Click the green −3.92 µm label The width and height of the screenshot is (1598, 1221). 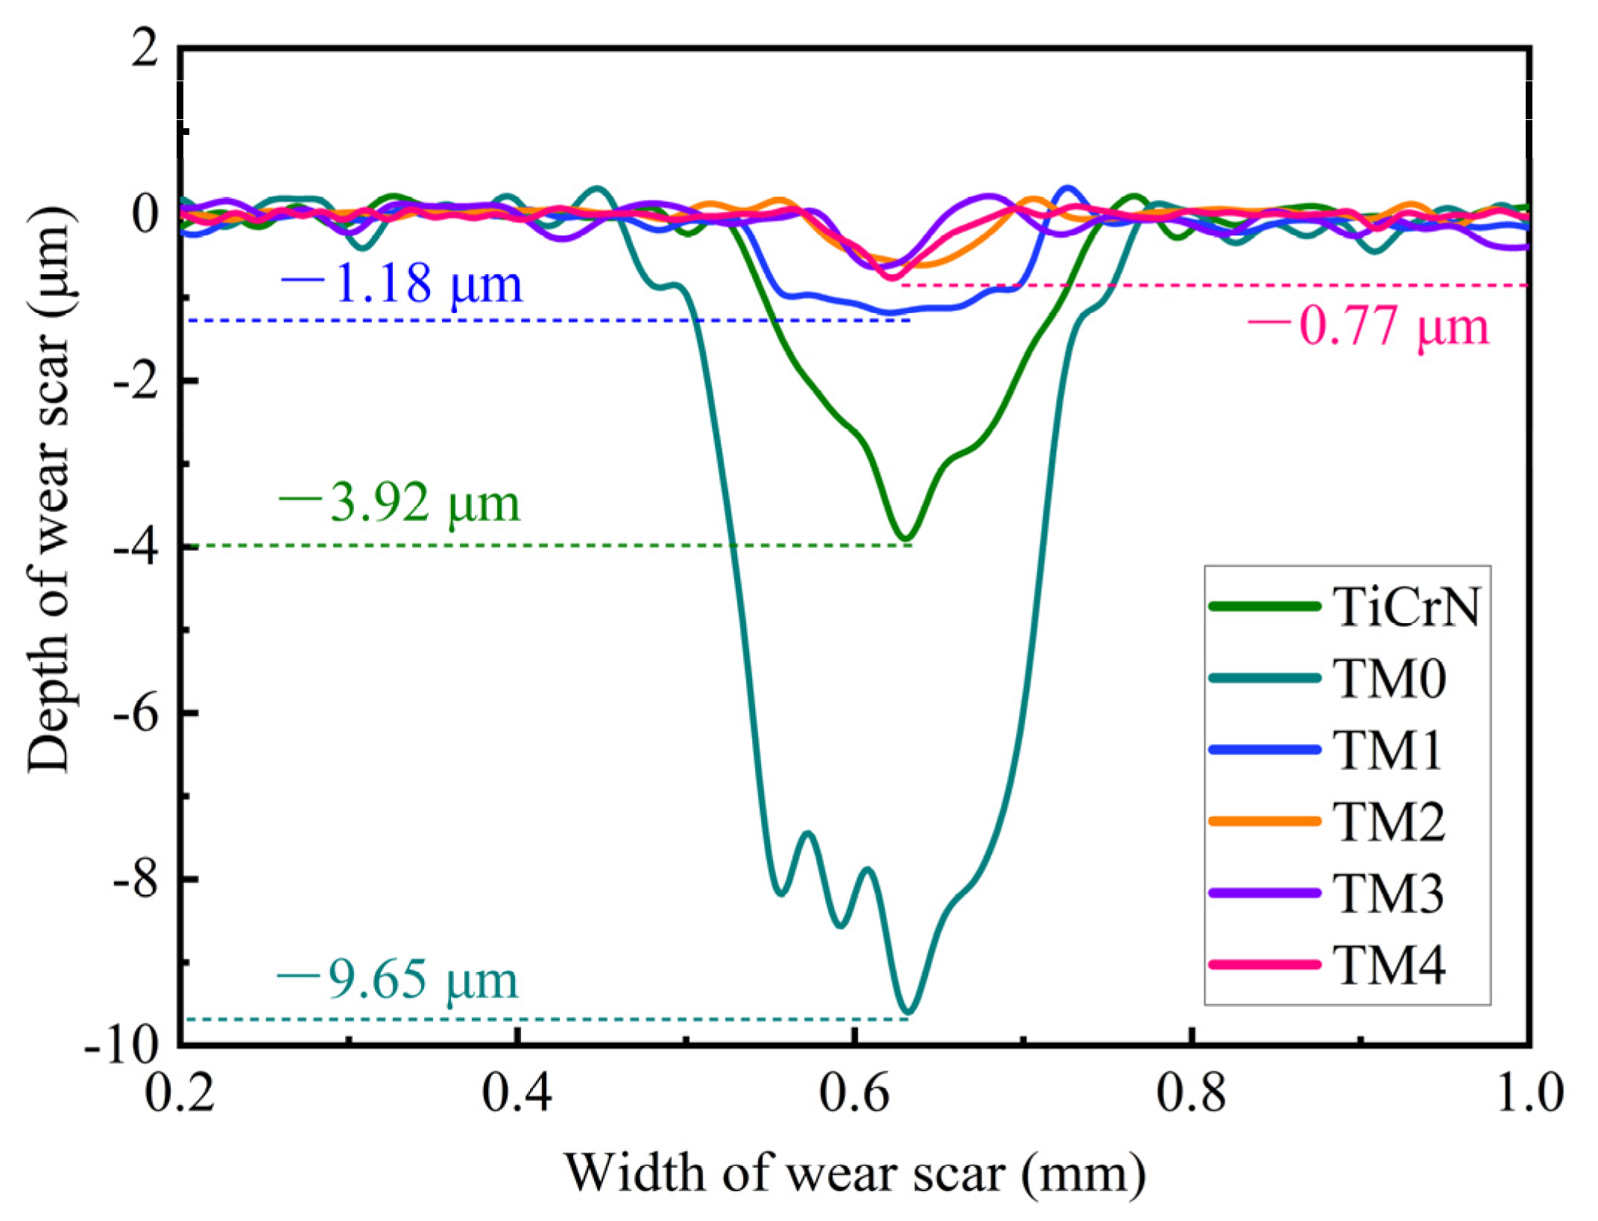[399, 502]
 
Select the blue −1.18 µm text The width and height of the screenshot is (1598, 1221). [402, 283]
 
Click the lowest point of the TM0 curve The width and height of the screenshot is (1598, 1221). [908, 1011]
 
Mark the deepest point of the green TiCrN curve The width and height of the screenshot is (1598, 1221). [905, 537]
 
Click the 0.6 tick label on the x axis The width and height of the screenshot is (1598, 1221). [854, 1093]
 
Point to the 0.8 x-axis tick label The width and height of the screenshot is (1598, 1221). [1191, 1093]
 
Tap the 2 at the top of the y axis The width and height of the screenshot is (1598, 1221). [145, 49]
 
